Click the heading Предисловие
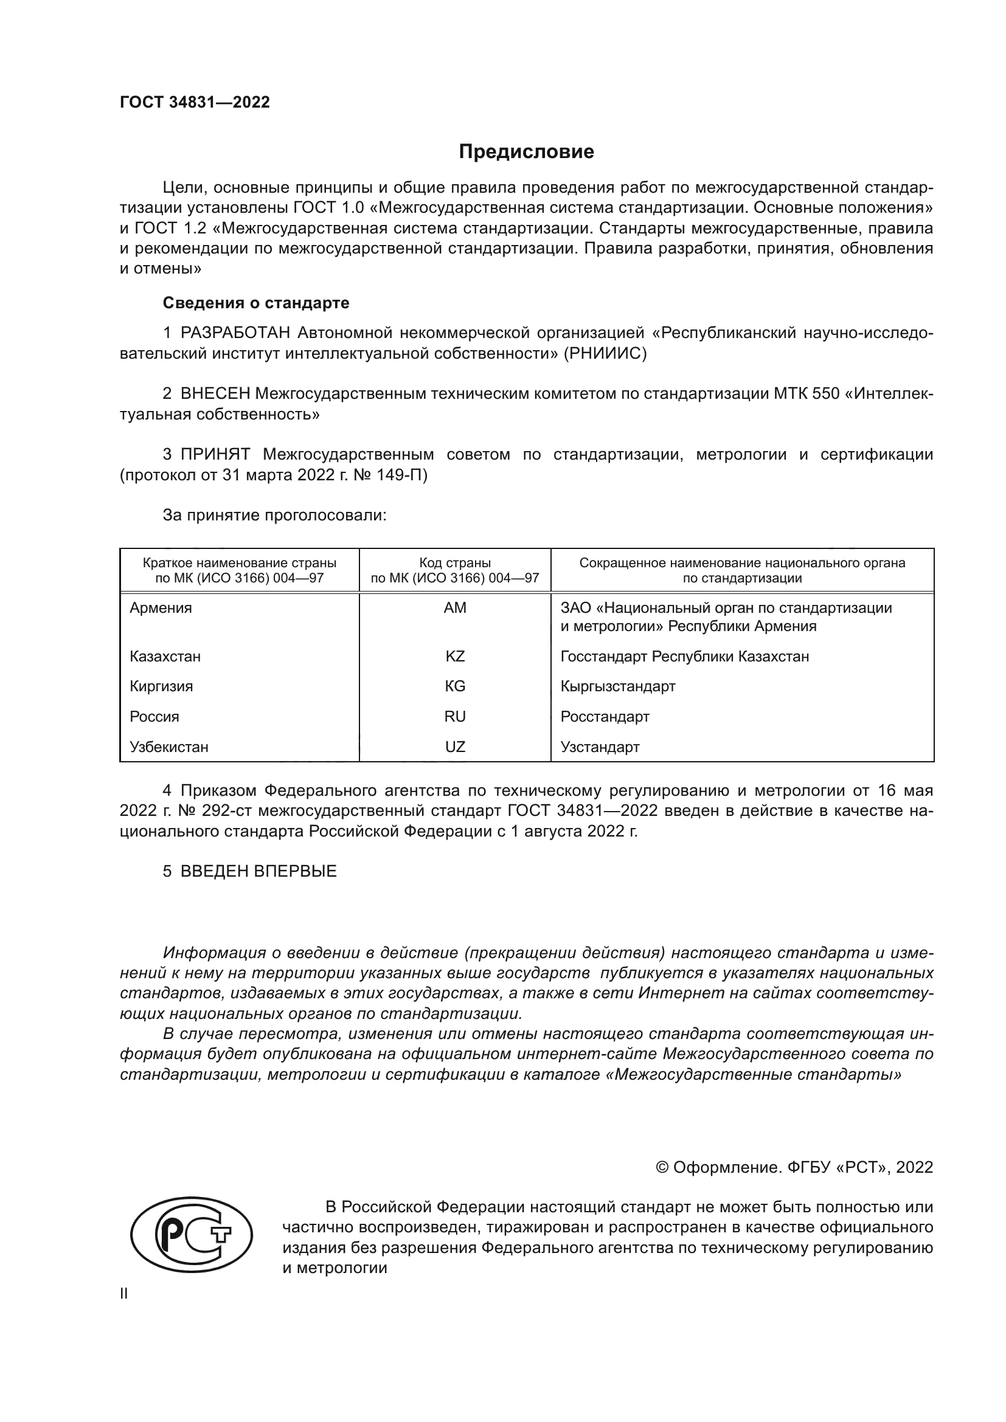(x=526, y=152)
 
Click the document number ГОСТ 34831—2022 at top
(x=195, y=102)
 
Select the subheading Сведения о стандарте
(x=256, y=303)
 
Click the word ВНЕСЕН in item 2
(x=215, y=394)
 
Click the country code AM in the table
(x=455, y=608)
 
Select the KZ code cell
(x=455, y=657)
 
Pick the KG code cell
(x=455, y=686)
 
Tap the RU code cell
(x=455, y=717)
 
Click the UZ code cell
(x=455, y=747)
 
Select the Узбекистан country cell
(x=168, y=747)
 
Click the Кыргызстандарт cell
(x=617, y=686)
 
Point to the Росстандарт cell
(x=605, y=717)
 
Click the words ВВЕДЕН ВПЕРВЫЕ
(x=258, y=871)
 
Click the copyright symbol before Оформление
(x=662, y=1168)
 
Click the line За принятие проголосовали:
(x=274, y=516)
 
